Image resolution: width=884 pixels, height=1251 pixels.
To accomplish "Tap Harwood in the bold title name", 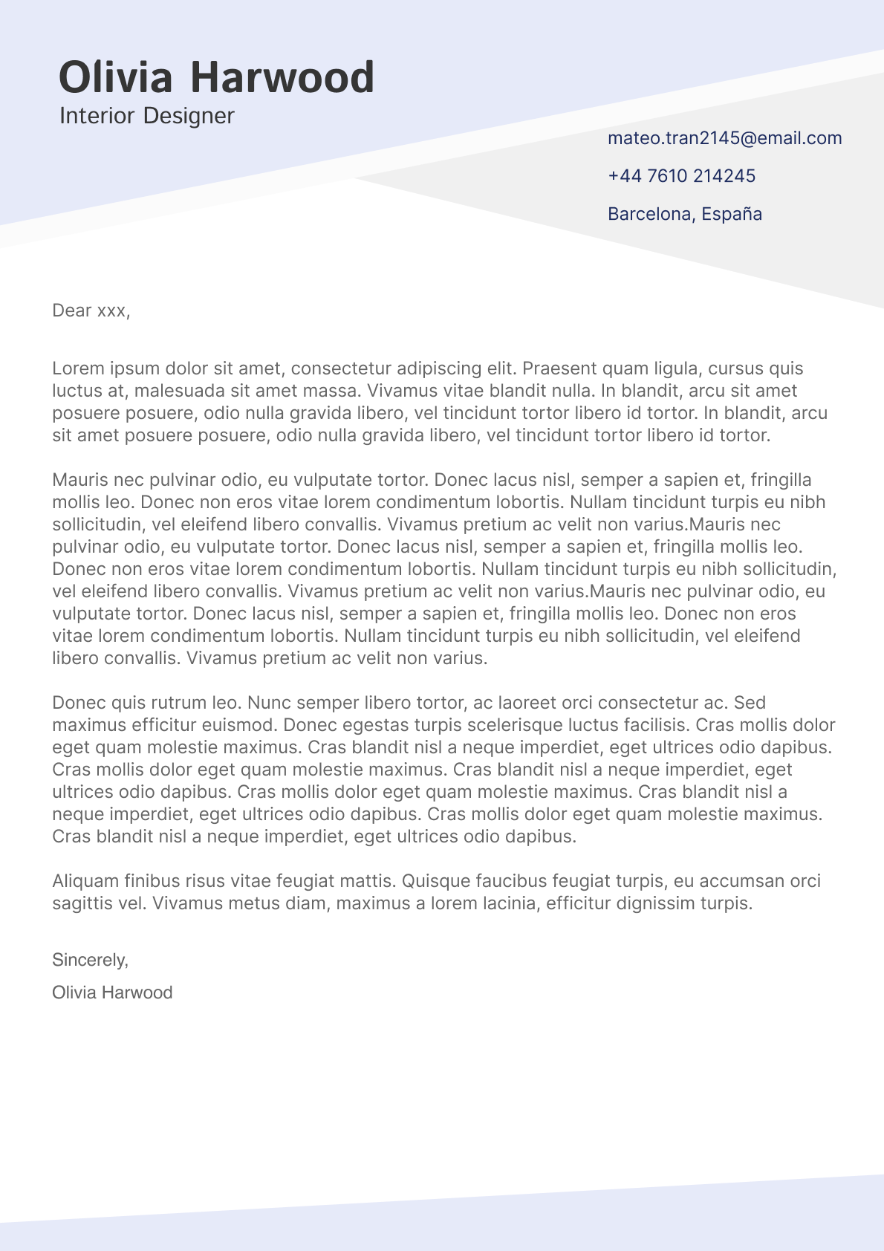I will coord(282,77).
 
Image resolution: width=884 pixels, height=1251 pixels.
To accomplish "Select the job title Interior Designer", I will coord(146,116).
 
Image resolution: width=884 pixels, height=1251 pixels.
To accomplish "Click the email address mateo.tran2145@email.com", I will coord(724,138).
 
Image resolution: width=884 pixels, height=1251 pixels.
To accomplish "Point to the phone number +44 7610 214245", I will coord(681,176).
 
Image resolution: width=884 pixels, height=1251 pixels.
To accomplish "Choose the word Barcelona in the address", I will coord(649,214).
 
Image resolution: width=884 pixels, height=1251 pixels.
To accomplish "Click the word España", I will coord(732,214).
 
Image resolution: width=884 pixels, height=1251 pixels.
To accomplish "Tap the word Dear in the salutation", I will coord(72,311).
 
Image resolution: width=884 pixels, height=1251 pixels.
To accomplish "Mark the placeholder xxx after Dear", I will coord(112,311).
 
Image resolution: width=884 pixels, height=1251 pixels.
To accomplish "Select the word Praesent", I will coord(560,368).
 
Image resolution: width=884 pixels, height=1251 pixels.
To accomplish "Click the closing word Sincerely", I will coord(90,960).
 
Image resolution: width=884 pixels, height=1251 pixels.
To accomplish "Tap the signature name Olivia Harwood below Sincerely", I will coord(112,992).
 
